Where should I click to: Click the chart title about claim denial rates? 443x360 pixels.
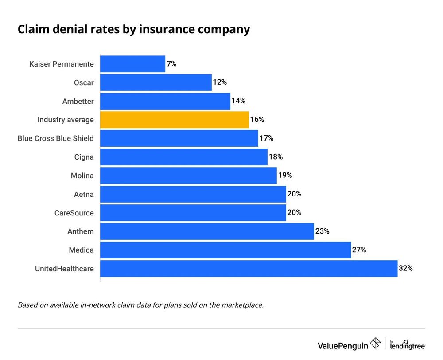[134, 30]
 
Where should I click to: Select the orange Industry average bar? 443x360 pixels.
[175, 120]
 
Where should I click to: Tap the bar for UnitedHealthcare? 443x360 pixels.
[249, 268]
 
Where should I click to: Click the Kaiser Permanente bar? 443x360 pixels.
[132, 64]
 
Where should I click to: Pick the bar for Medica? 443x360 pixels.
[225, 250]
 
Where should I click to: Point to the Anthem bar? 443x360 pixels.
[207, 231]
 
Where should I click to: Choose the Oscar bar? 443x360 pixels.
[156, 82]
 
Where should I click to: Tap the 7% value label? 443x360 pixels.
[171, 64]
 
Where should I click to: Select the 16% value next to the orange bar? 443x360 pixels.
[257, 120]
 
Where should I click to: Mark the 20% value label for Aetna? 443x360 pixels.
[294, 194]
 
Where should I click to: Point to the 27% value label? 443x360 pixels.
[359, 250]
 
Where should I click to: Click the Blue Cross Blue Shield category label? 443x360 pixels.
[56, 138]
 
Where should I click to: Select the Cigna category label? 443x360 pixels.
[84, 157]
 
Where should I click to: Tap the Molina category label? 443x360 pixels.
[82, 176]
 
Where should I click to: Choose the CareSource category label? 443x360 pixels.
[74, 213]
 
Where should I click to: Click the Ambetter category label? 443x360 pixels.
[78, 101]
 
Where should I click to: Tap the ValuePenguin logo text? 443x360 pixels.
[342, 344]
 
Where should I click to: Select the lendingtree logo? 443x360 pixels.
[408, 344]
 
